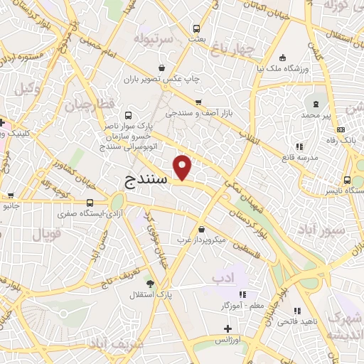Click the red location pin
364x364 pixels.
(183, 168)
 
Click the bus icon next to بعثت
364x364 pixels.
(197, 28)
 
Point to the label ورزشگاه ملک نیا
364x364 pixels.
(284, 69)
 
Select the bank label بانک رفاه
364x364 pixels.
(343, 140)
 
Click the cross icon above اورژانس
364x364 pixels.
(227, 328)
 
